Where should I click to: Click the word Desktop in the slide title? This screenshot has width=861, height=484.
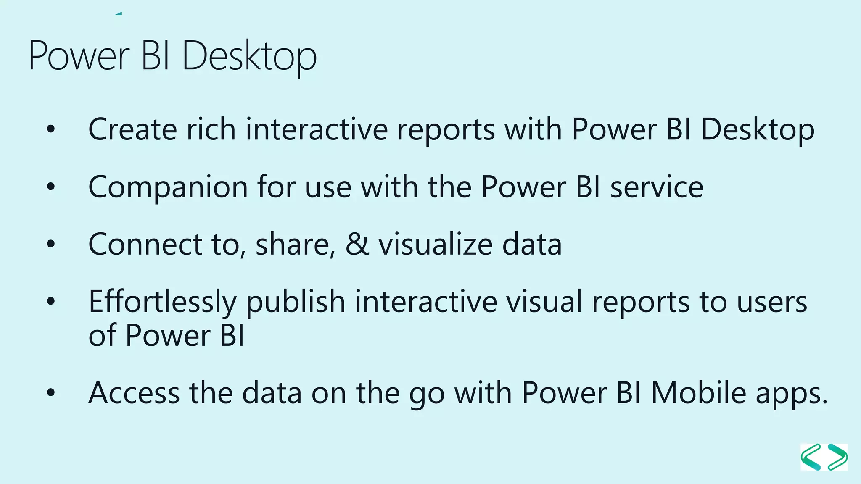pos(249,56)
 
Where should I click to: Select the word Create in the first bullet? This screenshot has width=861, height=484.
pos(132,129)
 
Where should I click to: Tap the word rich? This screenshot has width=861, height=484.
pos(211,129)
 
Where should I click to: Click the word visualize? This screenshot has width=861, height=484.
pos(435,245)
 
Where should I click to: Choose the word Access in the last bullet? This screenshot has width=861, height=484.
pos(134,393)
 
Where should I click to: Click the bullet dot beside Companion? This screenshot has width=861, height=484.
pos(51,187)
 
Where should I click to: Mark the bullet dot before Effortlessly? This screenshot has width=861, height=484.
pos(51,301)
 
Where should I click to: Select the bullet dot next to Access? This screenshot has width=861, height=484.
pos(51,393)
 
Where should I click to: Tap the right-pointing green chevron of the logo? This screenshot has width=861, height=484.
pos(837,457)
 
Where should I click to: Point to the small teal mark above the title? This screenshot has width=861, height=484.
pos(119,13)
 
